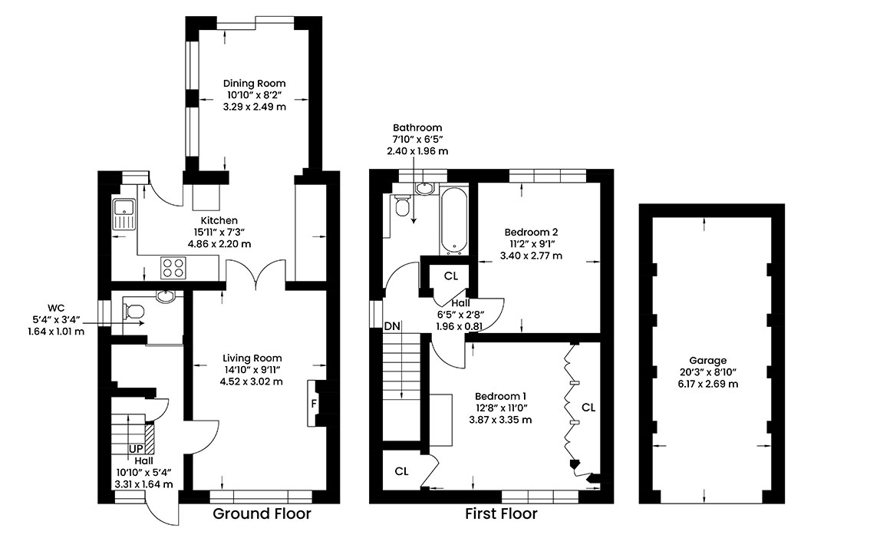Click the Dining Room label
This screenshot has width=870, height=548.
point(254,84)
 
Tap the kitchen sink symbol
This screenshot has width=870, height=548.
point(123,214)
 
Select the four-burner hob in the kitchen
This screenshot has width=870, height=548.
point(173,267)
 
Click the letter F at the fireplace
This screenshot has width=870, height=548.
point(314,404)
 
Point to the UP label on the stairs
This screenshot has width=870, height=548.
point(136,449)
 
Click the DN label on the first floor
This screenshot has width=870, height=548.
point(392,326)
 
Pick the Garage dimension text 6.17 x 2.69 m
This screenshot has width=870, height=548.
point(707,384)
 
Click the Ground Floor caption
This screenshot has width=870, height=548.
point(262,513)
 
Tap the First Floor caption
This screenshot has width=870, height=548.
point(501,513)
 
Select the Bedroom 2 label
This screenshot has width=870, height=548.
point(531,232)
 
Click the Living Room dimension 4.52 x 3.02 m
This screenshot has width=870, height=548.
point(252,381)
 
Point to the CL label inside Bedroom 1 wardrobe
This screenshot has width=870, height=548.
point(588,408)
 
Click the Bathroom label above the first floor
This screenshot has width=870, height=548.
point(417,127)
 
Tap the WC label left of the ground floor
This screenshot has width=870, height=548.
point(56,308)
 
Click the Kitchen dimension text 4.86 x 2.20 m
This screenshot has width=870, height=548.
point(219,244)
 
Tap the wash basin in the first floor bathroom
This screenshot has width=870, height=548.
point(425,189)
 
